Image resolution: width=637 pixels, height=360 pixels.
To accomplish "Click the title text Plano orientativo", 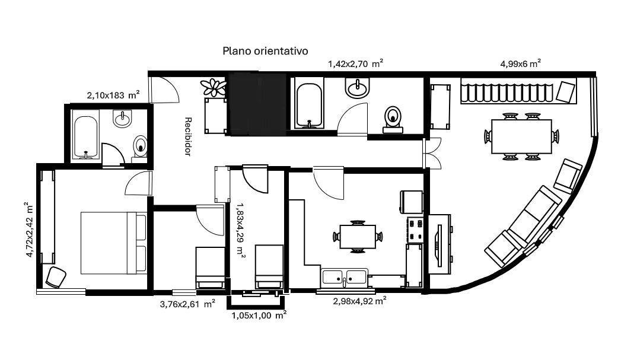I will click(265, 51).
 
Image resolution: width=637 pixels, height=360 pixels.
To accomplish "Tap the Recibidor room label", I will click(187, 136).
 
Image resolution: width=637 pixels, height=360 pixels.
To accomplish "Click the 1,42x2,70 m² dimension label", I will click(355, 63).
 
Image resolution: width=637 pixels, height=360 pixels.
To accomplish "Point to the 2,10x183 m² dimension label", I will click(113, 95).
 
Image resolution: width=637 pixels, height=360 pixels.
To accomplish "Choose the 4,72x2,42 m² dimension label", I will click(27, 230).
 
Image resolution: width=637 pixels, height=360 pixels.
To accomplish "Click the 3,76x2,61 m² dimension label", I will click(187, 304).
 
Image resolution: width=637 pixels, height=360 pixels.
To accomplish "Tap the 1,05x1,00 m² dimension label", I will click(259, 316).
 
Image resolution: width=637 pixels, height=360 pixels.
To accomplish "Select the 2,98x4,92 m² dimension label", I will click(359, 301).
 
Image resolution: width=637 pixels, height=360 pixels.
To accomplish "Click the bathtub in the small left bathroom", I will click(87, 137).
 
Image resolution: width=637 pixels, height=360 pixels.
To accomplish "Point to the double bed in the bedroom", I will click(113, 243).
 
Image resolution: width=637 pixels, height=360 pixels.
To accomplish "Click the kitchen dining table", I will click(356, 236).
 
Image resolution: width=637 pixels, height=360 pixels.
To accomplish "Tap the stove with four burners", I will click(414, 230).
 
